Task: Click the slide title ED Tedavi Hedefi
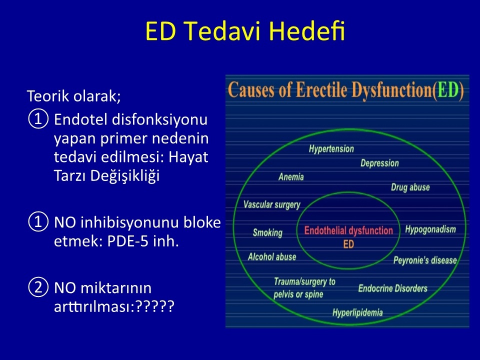click(x=245, y=30)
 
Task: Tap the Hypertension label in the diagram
click(x=331, y=149)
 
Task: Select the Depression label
click(x=379, y=163)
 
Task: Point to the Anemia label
click(x=291, y=177)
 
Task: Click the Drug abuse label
click(x=410, y=187)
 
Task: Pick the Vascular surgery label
click(x=272, y=204)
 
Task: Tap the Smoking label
click(x=267, y=233)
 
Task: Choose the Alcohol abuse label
click(x=272, y=256)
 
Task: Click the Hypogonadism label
click(x=430, y=229)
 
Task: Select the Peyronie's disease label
click(x=425, y=260)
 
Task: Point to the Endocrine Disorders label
click(x=393, y=288)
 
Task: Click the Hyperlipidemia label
click(x=357, y=312)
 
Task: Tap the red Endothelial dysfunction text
click(x=348, y=230)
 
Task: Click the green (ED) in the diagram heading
click(x=449, y=90)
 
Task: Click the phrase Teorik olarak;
click(x=74, y=96)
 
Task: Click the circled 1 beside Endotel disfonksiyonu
click(x=38, y=119)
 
